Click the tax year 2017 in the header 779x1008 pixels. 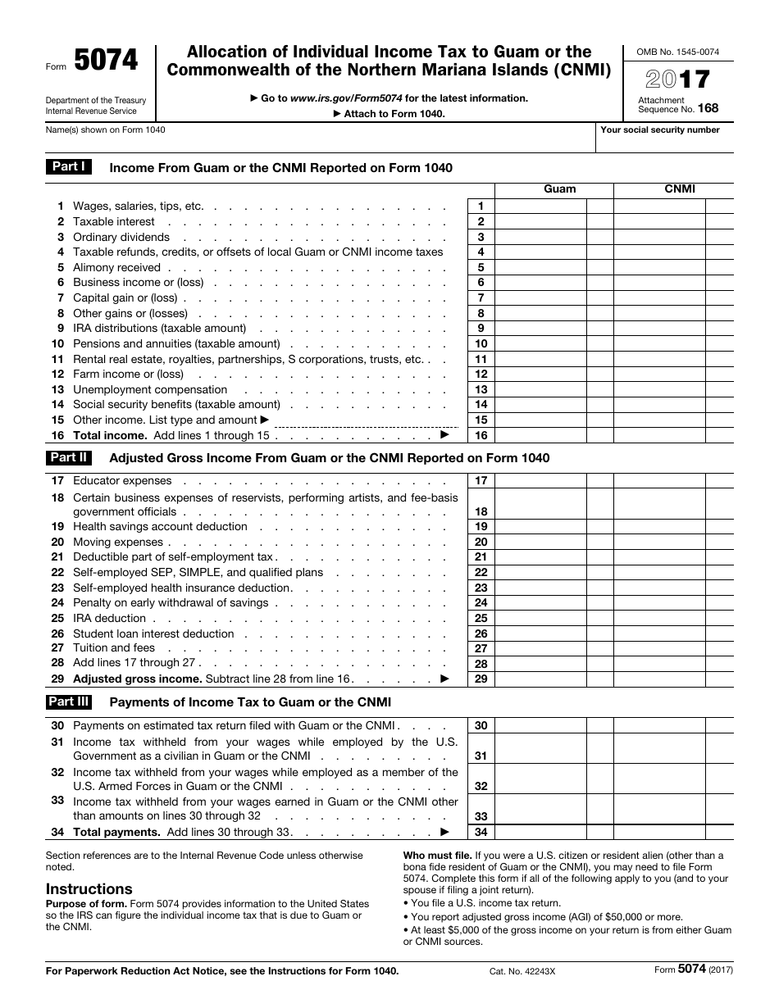pyautogui.click(x=677, y=79)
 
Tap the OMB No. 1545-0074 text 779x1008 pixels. pyautogui.click(x=677, y=52)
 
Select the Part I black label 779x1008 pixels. pyautogui.click(x=69, y=167)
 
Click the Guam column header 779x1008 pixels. pyautogui.click(x=560, y=188)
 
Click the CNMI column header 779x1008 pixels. pyautogui.click(x=680, y=188)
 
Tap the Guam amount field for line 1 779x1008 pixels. pyautogui.click(x=541, y=207)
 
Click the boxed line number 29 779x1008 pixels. pyautogui.click(x=481, y=679)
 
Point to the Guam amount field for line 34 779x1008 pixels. pyautogui.click(x=541, y=833)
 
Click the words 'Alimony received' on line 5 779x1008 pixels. pyautogui.click(x=116, y=267)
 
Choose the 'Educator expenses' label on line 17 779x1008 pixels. pyautogui.click(x=122, y=481)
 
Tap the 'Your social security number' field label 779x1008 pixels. pyautogui.click(x=660, y=129)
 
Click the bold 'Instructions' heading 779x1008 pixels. pyautogui.click(x=89, y=889)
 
